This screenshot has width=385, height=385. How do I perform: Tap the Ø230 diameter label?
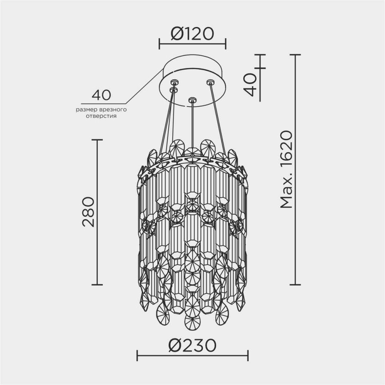pos(192,346)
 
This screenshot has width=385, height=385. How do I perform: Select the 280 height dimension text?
pos(88,212)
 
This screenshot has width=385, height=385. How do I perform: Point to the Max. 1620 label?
pos(287,170)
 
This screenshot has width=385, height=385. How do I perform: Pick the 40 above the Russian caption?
pos(101,95)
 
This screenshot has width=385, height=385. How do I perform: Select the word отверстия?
pos(101,115)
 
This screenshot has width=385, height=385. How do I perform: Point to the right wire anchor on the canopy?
pos(210,82)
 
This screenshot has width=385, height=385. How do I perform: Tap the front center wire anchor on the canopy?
pos(192,100)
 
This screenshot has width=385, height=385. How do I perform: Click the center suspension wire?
pos(192,123)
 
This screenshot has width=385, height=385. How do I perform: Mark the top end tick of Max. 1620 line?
pos(295,55)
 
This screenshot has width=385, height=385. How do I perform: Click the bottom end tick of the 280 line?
pos(97,285)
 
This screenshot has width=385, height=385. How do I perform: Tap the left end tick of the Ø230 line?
pos(137,355)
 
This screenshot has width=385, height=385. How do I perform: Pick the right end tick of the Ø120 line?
pos(225,44)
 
